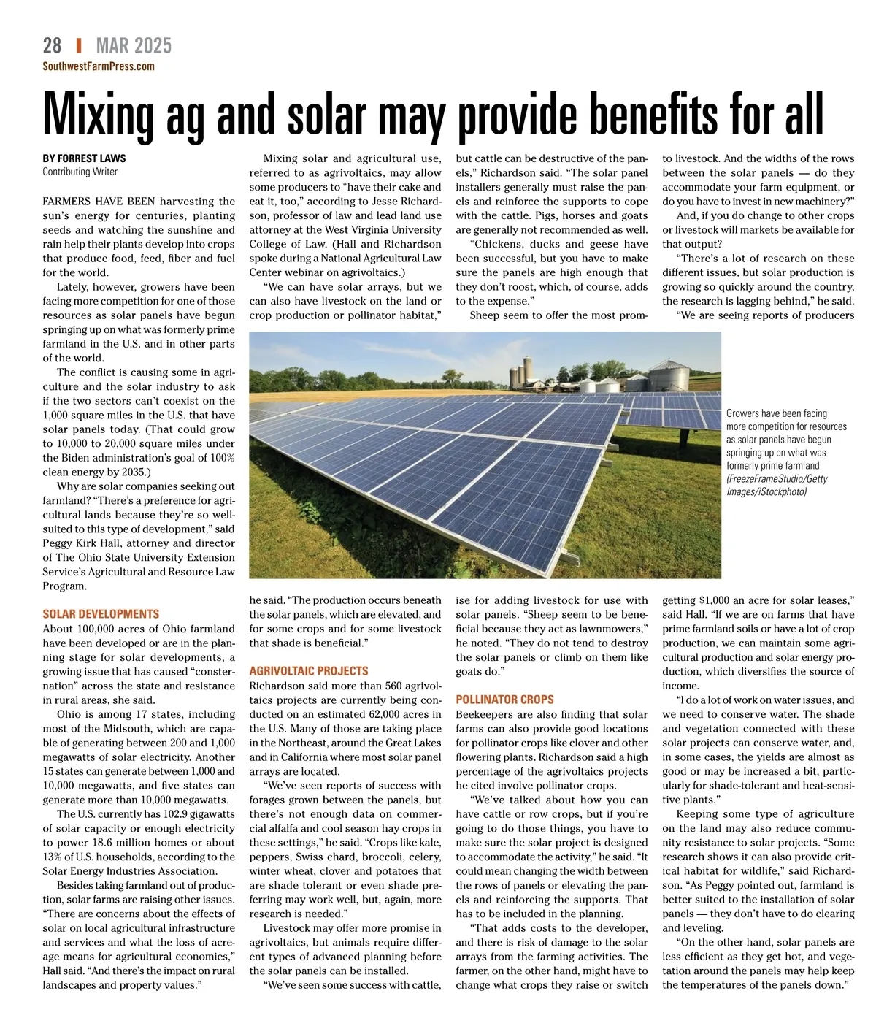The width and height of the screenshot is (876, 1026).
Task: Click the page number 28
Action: (52, 46)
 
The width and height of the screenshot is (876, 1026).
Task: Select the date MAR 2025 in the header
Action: (134, 46)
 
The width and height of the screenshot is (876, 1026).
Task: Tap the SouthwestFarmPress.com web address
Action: (99, 66)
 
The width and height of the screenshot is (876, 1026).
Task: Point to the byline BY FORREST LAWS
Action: (84, 158)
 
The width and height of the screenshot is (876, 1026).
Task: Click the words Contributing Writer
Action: (80, 172)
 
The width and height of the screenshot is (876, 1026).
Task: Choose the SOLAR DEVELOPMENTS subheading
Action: (101, 615)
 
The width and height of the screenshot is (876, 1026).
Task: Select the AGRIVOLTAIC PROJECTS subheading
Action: (309, 671)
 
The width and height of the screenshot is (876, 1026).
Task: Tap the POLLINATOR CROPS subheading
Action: (504, 700)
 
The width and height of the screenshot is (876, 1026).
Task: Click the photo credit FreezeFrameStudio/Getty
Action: (777, 479)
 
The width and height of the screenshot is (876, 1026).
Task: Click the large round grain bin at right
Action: (669, 375)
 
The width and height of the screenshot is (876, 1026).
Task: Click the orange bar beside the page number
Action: (79, 46)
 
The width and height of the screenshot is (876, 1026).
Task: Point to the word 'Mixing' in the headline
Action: (99, 115)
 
